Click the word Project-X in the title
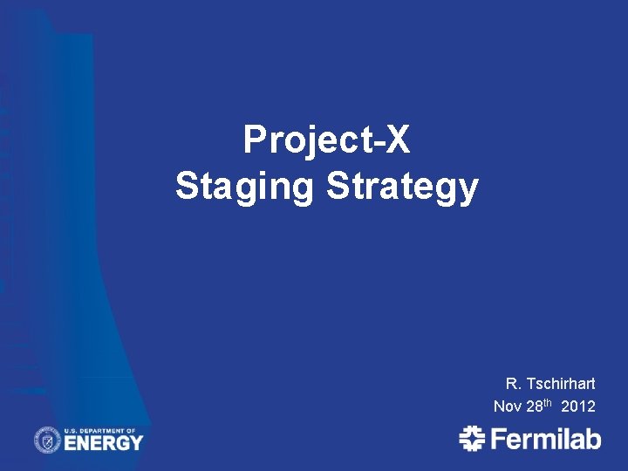pos(326,140)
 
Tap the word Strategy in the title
pos(402,187)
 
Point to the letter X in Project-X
pos(397,140)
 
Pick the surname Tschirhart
pos(560,384)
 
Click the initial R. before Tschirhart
pos(512,384)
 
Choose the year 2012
pos(579,406)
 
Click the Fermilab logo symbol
pos(472,438)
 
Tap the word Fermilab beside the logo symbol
pos(545,438)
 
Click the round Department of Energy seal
pos(47,440)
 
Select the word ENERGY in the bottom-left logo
pos(103,442)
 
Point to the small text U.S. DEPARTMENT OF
pos(101,430)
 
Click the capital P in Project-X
pos(254,140)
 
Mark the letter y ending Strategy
pos(469,190)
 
